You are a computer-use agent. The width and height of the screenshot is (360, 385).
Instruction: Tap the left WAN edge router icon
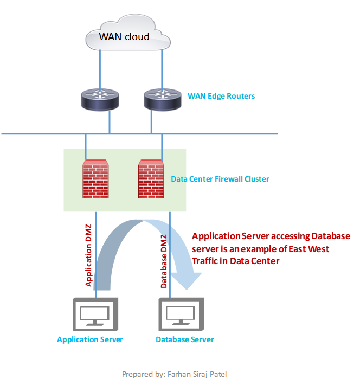tap(98, 99)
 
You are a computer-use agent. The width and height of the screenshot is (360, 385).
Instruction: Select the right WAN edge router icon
tap(162, 99)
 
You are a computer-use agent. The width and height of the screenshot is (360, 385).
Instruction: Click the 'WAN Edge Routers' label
tap(221, 97)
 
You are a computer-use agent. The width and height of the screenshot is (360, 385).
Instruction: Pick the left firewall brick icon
tap(95, 178)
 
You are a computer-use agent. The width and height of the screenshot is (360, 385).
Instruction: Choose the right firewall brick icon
tap(151, 178)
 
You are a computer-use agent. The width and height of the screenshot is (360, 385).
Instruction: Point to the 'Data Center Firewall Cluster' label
tap(220, 179)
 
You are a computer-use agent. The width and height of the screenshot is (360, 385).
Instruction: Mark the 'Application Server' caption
tap(90, 340)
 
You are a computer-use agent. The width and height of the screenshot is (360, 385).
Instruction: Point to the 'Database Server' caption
tap(185, 340)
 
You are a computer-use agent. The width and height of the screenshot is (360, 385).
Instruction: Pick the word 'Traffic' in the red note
tap(205, 260)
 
